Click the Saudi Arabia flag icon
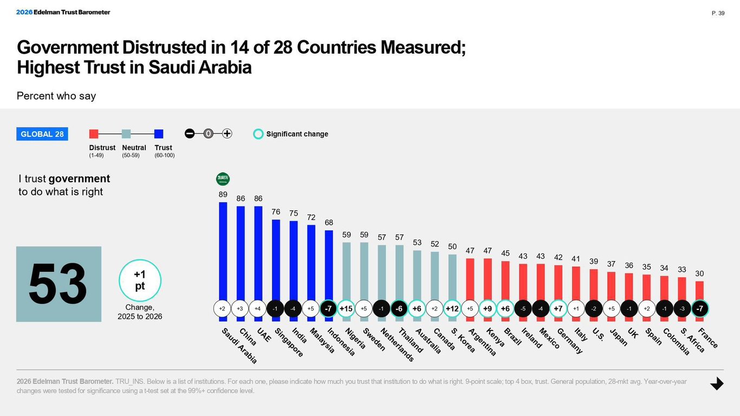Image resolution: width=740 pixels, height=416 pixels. tap(223, 179)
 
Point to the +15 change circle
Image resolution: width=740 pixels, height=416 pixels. tap(346, 308)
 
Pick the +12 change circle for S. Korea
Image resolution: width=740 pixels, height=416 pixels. tap(452, 308)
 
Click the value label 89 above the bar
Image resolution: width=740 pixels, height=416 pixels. tap(223, 194)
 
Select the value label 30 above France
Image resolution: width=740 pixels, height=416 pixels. tap(699, 274)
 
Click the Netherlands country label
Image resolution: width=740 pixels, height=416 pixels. tap(397, 344)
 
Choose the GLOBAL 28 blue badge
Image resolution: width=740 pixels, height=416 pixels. tap(42, 134)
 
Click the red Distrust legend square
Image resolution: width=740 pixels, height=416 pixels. tap(94, 134)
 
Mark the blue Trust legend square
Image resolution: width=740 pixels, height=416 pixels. tap(159, 134)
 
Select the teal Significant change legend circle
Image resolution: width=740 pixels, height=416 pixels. tap(258, 134)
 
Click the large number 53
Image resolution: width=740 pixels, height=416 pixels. tap(58, 284)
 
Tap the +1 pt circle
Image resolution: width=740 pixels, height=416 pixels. tap(140, 281)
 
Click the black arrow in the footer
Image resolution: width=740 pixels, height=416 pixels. tap(717, 383)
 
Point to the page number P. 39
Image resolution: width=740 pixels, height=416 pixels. tap(718, 13)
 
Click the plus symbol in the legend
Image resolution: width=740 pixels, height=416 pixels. tap(227, 134)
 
